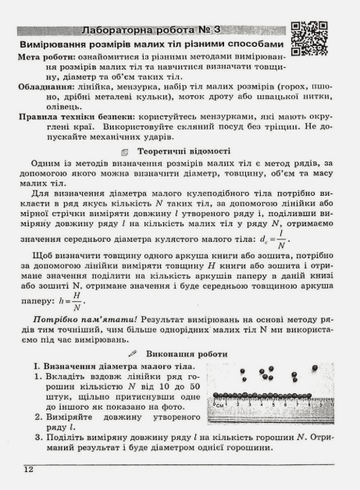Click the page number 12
(x=28, y=468)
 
